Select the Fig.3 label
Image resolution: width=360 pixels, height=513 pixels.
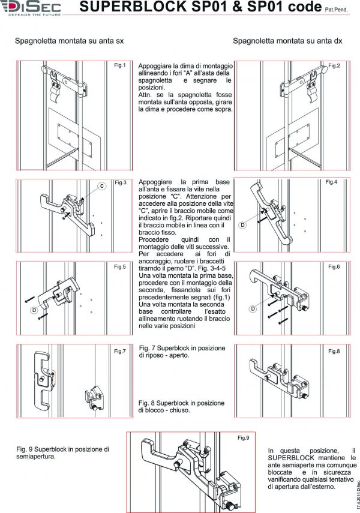coord(120,182)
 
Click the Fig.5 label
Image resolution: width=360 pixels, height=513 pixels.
coord(119,266)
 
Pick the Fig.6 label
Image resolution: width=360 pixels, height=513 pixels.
coord(334,266)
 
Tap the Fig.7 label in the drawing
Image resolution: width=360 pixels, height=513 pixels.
coord(119,351)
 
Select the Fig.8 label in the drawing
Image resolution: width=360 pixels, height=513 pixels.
coord(334,351)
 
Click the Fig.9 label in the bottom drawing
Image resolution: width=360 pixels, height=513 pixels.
coord(242,438)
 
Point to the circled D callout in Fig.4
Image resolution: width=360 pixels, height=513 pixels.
coord(242,225)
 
